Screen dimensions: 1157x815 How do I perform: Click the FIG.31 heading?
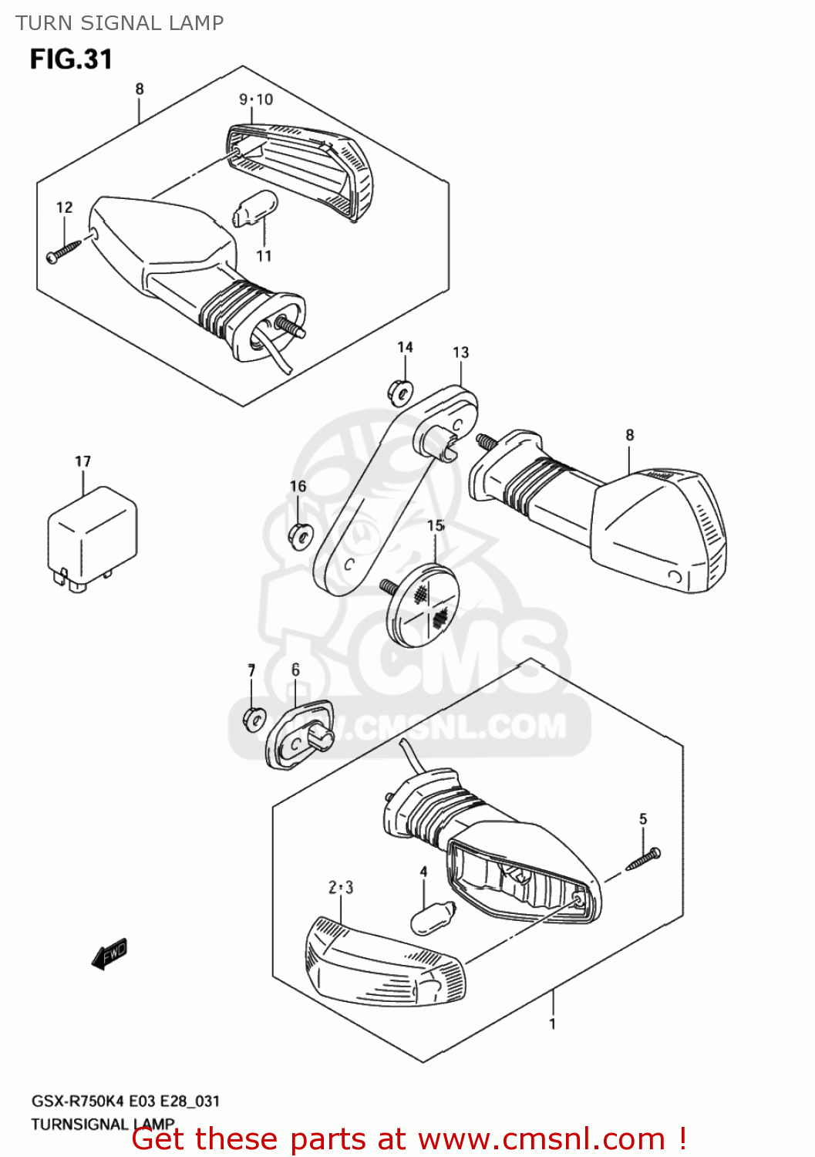(71, 59)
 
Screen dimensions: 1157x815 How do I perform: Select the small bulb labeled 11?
(255, 207)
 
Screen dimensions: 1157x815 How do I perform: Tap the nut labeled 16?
(299, 535)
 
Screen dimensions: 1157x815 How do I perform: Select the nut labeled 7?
(253, 718)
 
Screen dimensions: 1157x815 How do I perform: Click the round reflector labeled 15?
(423, 603)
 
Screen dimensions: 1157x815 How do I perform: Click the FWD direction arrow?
(109, 955)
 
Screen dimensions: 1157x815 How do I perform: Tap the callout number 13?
(460, 352)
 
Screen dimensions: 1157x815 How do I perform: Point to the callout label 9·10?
(255, 100)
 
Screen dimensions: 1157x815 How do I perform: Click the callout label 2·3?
(341, 887)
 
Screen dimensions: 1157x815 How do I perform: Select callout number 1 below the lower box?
(552, 1024)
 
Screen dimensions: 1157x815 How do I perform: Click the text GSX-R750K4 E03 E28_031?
(125, 1101)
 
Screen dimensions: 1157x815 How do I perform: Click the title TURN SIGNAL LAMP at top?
(120, 23)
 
